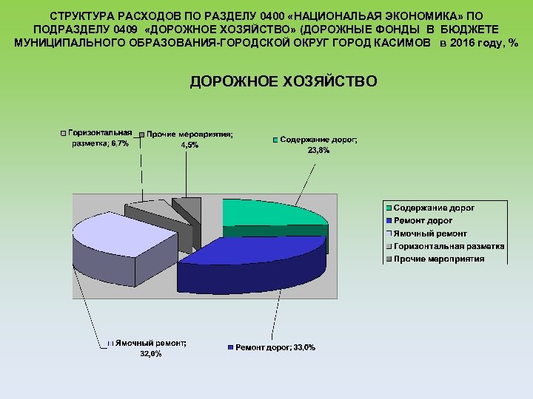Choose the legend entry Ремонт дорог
click(x=423, y=221)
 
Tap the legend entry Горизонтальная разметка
click(x=449, y=246)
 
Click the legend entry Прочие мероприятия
click(x=439, y=259)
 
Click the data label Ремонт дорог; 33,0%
click(x=275, y=348)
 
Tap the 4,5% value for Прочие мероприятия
click(x=190, y=145)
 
